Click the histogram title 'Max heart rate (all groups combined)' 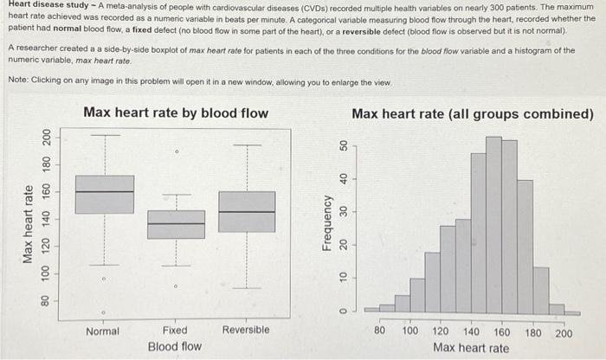(x=473, y=114)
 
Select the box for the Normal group (x=105, y=194)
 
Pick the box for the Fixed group (x=177, y=224)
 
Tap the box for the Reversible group (x=248, y=212)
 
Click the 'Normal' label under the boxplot (x=103, y=331)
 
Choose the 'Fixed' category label (x=175, y=331)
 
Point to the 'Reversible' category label (x=246, y=331)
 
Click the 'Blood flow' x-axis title (x=174, y=347)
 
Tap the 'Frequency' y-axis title (x=327, y=223)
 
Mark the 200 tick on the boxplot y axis (x=46, y=137)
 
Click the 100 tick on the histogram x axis (x=410, y=331)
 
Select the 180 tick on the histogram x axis (x=533, y=331)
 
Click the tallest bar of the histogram (x=494, y=225)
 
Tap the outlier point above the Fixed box (x=177, y=151)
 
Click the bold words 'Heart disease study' (x=48, y=4)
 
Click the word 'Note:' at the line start (x=17, y=80)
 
